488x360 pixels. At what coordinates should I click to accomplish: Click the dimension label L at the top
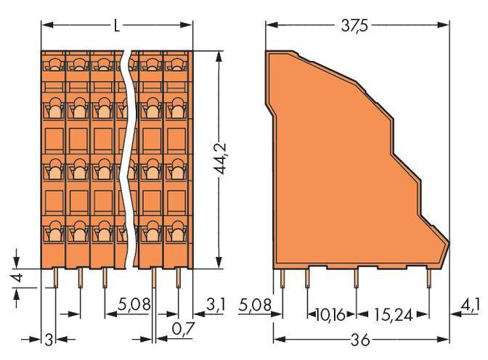click(x=116, y=25)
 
